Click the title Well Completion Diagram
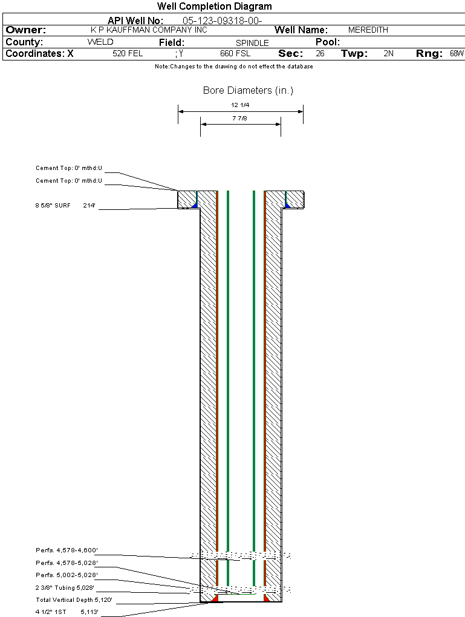click(x=215, y=6)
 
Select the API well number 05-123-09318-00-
click(x=223, y=21)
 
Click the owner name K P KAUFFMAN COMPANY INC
click(x=149, y=30)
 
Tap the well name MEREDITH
click(x=368, y=30)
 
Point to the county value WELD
click(x=100, y=42)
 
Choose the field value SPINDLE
click(x=252, y=43)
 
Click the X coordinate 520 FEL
click(x=128, y=53)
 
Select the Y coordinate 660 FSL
click(x=235, y=53)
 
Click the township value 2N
click(x=389, y=53)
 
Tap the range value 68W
click(x=457, y=53)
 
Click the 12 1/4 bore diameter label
click(x=240, y=105)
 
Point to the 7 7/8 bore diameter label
click(x=239, y=118)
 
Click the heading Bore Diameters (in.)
click(x=249, y=91)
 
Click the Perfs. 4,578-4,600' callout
click(x=67, y=550)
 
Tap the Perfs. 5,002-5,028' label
click(x=67, y=575)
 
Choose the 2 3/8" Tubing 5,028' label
click(x=65, y=587)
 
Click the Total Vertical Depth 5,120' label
click(x=74, y=599)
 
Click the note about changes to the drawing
click(x=234, y=67)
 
